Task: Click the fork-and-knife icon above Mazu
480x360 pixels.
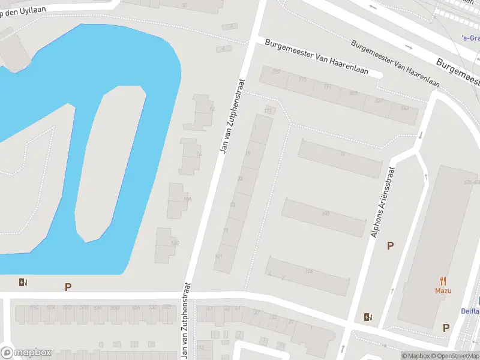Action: [443, 280]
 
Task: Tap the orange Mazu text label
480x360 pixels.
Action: [443, 291]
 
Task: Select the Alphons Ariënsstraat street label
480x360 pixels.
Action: [383, 202]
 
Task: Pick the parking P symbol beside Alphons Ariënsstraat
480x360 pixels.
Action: [390, 245]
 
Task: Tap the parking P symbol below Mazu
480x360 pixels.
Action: [446, 328]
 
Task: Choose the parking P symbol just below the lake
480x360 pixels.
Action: [68, 287]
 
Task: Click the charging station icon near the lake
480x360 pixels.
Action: [23, 283]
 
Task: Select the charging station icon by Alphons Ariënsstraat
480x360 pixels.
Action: [367, 317]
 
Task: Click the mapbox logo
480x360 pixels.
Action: [26, 353]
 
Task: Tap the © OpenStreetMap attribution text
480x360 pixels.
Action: [455, 356]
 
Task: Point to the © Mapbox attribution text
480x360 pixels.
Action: [416, 356]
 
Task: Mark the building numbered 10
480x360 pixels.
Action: [342, 154]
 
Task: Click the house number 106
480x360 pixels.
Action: [309, 272]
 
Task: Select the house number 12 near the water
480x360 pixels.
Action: [212, 109]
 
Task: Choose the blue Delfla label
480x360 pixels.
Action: [470, 311]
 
